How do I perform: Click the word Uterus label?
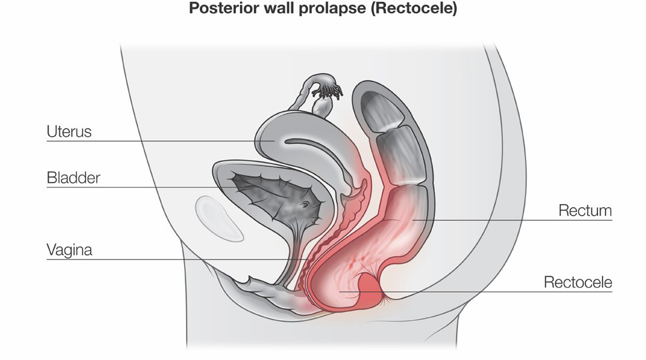[69, 131]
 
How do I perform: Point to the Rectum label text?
[586, 211]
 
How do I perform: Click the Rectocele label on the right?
[578, 282]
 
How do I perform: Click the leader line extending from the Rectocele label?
[467, 292]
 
